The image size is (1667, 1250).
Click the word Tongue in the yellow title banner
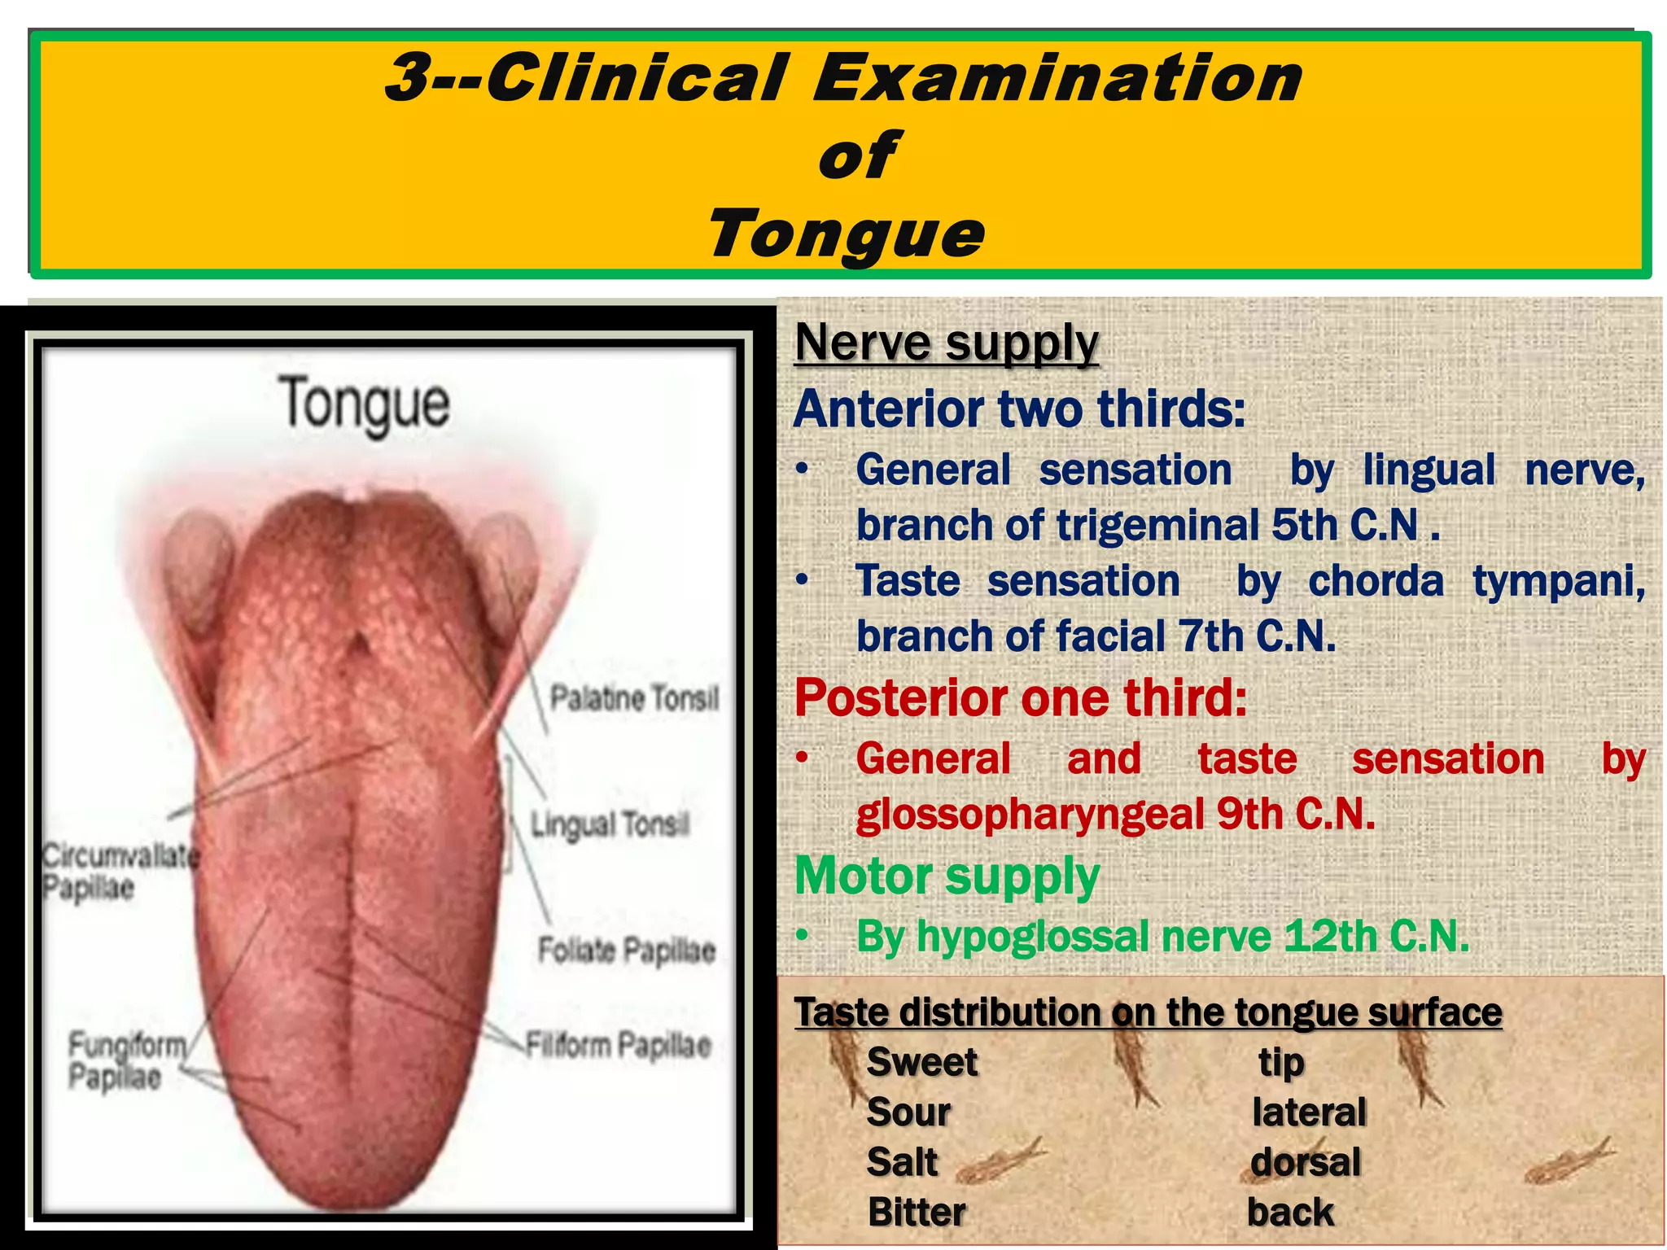[847, 234]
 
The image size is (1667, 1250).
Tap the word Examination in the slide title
[1058, 77]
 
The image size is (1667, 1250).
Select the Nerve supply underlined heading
[947, 343]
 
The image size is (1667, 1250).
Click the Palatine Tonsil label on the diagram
[634, 698]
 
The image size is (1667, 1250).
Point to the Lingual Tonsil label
[610, 824]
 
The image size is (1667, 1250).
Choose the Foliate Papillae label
[626, 950]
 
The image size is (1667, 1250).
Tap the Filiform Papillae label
[618, 1045]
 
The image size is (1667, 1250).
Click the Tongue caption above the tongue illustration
[364, 404]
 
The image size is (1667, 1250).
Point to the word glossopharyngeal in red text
[1029, 814]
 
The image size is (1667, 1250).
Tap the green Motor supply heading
[947, 876]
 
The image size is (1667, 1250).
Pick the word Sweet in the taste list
[921, 1062]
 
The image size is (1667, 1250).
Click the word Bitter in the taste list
[917, 1212]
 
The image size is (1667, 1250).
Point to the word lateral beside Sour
[1309, 1112]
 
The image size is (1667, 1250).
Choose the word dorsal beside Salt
[1306, 1162]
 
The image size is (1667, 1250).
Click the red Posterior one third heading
[1021, 697]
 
